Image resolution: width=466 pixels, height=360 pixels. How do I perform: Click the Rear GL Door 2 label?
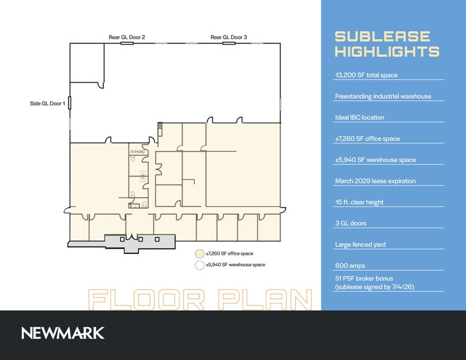[127, 37]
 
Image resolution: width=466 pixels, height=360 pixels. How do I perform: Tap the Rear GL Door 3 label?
[228, 37]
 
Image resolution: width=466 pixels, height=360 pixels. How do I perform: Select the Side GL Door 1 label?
[48, 103]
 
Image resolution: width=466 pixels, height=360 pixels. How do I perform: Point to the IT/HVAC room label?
[137, 152]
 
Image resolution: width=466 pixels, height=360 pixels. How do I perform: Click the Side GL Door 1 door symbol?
[70, 103]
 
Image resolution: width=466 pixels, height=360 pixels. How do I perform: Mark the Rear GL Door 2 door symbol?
[127, 43]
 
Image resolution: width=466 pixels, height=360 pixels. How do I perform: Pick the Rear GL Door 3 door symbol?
[229, 43]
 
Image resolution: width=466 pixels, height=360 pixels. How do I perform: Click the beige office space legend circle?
[200, 253]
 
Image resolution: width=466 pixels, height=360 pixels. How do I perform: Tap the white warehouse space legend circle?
[200, 265]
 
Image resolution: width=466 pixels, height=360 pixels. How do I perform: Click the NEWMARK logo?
[62, 333]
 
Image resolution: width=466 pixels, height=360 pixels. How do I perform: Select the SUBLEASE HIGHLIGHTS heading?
[387, 44]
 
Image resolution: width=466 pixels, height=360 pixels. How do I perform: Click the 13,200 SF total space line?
[366, 75]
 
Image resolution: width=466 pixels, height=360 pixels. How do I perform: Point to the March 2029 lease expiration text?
[375, 181]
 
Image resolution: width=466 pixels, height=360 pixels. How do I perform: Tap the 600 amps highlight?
[350, 266]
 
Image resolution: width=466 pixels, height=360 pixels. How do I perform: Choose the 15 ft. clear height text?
[359, 202]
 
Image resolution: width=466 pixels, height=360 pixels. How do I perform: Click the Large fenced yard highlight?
[361, 244]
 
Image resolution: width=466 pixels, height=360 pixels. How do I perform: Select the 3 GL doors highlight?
[351, 223]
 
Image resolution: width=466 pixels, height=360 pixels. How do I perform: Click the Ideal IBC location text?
[359, 118]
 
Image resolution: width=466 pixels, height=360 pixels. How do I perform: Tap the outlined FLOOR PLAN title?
[201, 299]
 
